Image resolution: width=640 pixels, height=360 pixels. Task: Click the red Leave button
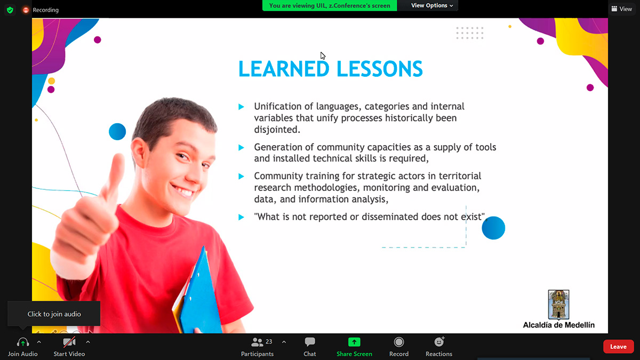(618, 347)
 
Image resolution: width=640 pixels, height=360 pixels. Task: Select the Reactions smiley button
(439, 342)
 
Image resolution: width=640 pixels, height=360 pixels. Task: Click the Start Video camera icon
(69, 342)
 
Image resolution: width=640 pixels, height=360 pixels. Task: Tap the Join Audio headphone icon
(23, 342)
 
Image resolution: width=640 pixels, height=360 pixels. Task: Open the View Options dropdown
(431, 5)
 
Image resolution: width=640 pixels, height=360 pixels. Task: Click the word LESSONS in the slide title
(380, 69)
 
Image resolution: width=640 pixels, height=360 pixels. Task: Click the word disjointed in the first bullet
(277, 130)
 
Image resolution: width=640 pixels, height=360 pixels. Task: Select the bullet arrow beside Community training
(242, 177)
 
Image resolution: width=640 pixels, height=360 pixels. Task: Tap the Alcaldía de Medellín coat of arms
(558, 305)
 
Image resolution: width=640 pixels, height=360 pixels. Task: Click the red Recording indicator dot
(26, 10)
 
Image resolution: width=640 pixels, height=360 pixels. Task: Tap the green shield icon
(10, 10)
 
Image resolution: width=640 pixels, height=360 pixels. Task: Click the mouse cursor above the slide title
(323, 55)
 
